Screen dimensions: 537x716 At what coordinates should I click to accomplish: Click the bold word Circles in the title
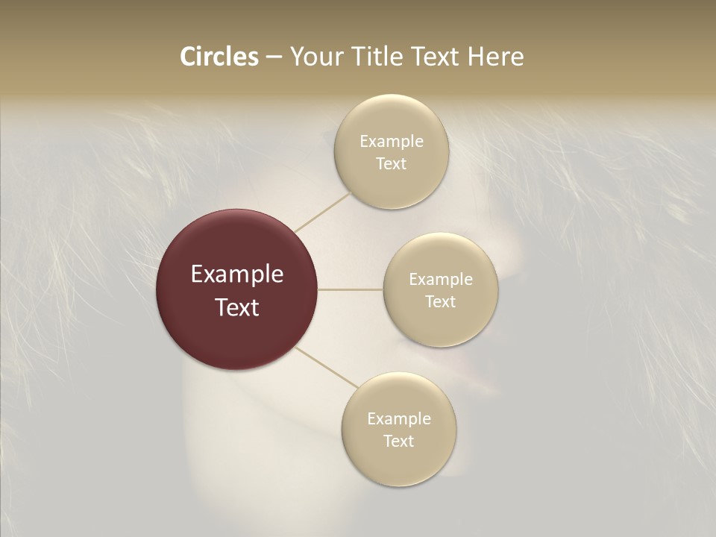pyautogui.click(x=219, y=57)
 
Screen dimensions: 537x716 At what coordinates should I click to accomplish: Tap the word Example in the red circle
pyautogui.click(x=237, y=274)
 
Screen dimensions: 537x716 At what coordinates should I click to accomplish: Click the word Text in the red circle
pyautogui.click(x=237, y=307)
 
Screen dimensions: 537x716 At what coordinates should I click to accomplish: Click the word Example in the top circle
pyautogui.click(x=391, y=142)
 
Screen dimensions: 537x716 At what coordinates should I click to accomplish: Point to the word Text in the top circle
pyautogui.click(x=391, y=164)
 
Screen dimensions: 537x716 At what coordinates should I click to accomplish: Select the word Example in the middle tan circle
pyautogui.click(x=440, y=280)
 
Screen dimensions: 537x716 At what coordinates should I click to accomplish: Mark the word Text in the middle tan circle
pyautogui.click(x=440, y=302)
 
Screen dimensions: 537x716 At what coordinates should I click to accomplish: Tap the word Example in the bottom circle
pyautogui.click(x=399, y=418)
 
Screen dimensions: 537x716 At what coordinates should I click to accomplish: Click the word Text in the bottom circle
pyautogui.click(x=399, y=442)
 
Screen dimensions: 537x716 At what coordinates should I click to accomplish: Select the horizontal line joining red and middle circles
pyautogui.click(x=351, y=289)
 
